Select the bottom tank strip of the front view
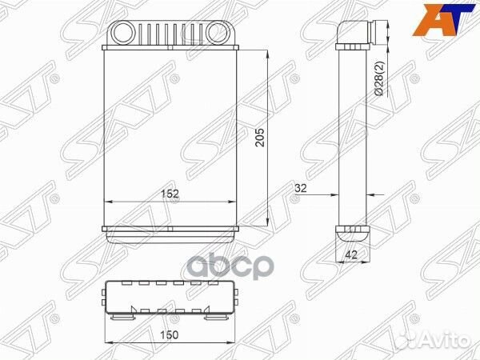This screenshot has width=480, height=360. coord(171,231)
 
